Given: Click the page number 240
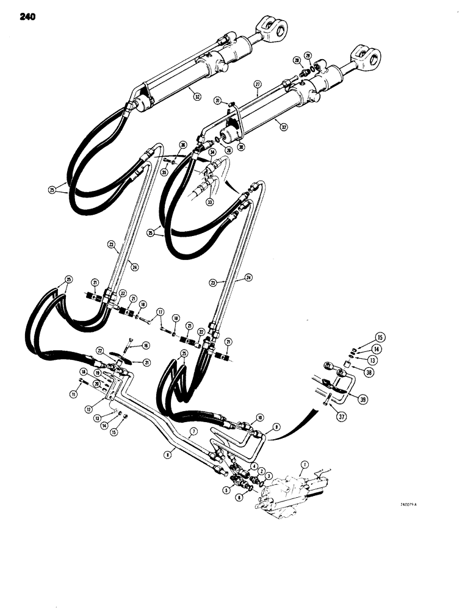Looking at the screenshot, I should (x=27, y=17).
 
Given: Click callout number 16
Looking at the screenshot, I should (x=145, y=345).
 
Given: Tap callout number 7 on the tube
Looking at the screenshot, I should (x=193, y=431).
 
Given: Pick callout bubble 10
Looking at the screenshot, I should (x=260, y=418).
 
